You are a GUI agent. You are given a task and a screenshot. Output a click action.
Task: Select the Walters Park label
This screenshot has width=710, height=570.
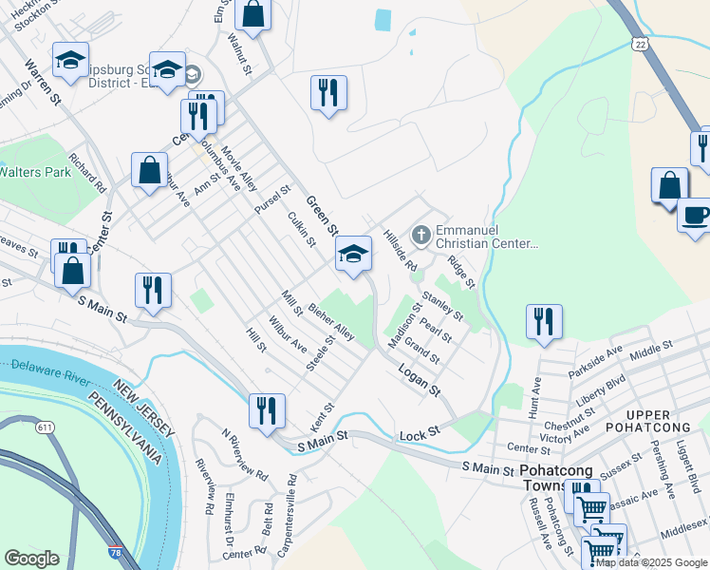tap(35, 172)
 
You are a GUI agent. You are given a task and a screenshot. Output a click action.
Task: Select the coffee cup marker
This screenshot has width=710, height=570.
tap(697, 214)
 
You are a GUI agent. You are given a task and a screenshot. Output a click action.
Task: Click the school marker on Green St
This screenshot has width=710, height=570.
tap(353, 253)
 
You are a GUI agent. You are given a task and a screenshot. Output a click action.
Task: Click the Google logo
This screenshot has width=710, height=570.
tap(32, 559)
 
